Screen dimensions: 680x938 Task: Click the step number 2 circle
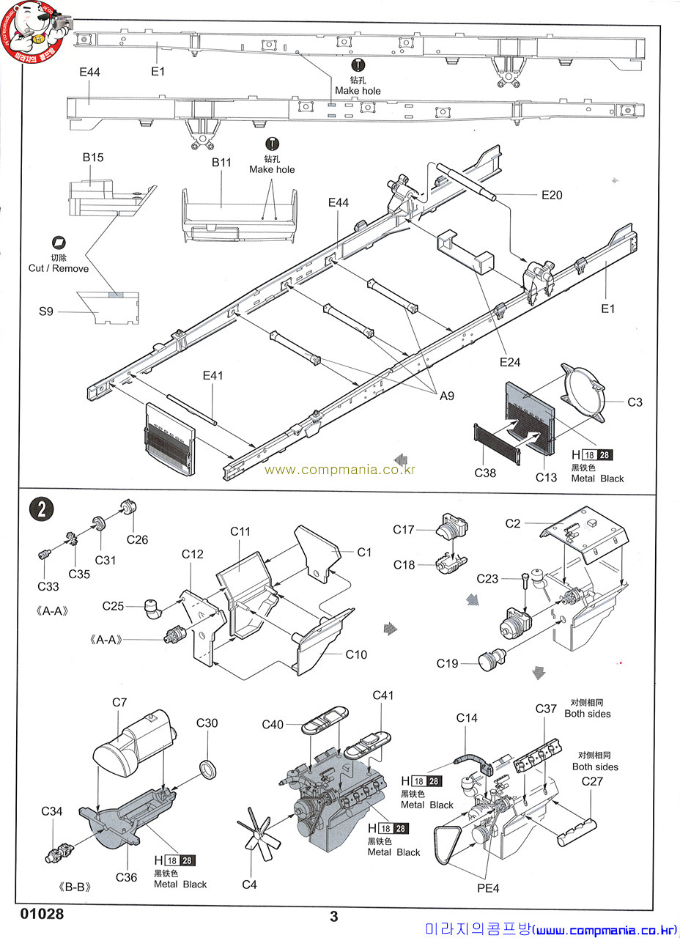41,509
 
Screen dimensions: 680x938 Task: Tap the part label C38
485,473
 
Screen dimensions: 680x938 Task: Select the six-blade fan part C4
254,834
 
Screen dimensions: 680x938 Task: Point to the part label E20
552,195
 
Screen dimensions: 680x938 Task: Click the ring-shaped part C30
207,769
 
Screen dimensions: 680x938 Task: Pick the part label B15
93,158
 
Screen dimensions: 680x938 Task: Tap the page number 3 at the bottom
333,917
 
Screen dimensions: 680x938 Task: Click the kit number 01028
42,914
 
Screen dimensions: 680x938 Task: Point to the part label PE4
488,887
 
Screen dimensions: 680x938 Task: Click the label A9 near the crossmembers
447,396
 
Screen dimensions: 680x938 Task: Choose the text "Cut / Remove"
59,268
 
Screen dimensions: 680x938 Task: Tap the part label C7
119,702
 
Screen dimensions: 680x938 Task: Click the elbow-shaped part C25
153,609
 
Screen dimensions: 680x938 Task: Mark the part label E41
212,376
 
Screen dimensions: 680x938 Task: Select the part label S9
46,311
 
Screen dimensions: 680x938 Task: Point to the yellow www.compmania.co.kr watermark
339,470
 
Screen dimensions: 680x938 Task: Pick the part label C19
447,663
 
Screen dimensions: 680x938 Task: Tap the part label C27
592,781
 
